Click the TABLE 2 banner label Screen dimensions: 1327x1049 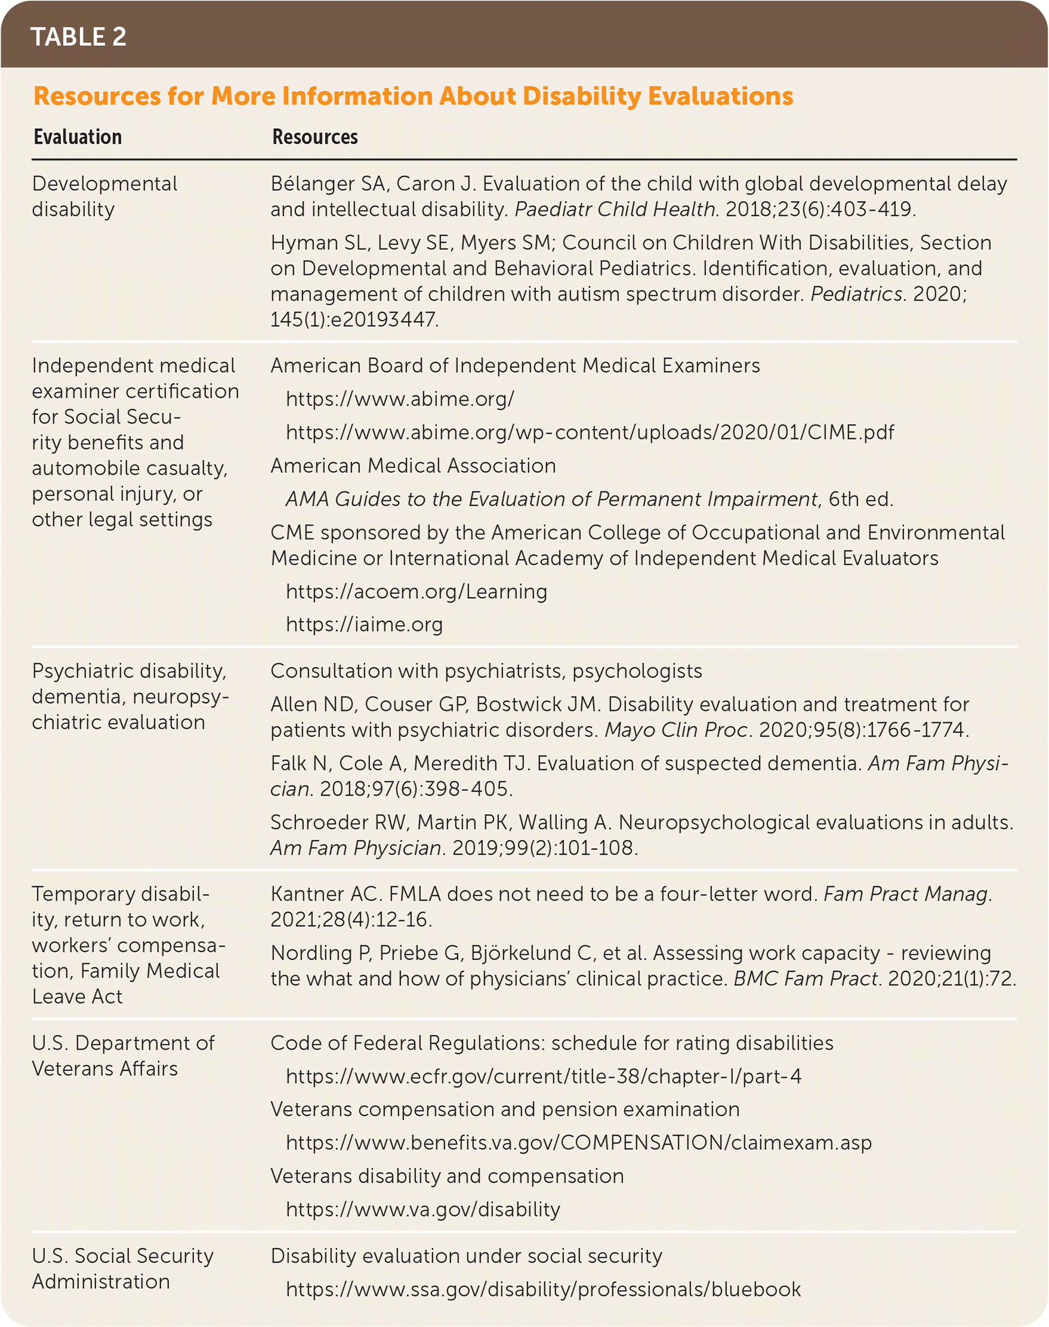pyautogui.click(x=79, y=37)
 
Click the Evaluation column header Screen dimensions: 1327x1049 pyautogui.click(x=78, y=137)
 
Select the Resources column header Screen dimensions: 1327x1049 pyautogui.click(x=314, y=137)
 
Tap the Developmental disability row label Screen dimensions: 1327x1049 pyautogui.click(x=104, y=196)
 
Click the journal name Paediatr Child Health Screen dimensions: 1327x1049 pyautogui.click(x=615, y=209)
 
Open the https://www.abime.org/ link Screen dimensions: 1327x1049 pyautogui.click(x=400, y=399)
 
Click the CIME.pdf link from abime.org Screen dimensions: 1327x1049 pyautogui.click(x=590, y=432)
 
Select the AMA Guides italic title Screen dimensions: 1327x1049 pyautogui.click(x=551, y=499)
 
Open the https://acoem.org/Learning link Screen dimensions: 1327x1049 pyautogui.click(x=416, y=591)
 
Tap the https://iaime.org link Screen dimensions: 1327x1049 pyautogui.click(x=364, y=624)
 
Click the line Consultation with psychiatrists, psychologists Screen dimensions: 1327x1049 pyautogui.click(x=486, y=671)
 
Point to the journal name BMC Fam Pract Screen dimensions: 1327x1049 pyautogui.click(x=806, y=978)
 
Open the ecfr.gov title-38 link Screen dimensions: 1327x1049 pyautogui.click(x=544, y=1076)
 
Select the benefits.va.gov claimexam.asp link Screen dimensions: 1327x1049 pyautogui.click(x=579, y=1142)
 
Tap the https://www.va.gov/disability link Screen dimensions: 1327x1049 pyautogui.click(x=423, y=1209)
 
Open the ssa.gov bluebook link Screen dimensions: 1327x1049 pyautogui.click(x=544, y=1289)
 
